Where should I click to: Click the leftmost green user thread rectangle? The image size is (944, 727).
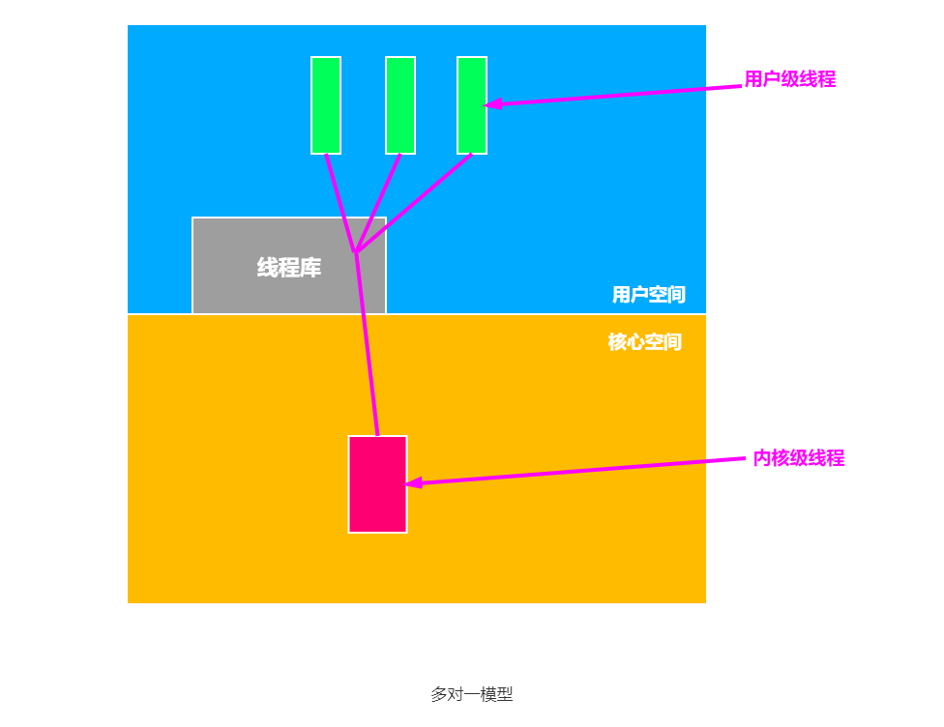click(326, 104)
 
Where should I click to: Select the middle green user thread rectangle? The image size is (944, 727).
click(400, 104)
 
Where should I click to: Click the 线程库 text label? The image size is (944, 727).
click(289, 268)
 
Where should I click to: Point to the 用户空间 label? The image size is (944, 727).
click(648, 295)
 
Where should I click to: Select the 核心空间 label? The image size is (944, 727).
click(644, 342)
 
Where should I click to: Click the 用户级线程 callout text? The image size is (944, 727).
click(789, 79)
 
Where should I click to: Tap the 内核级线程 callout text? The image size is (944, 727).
click(798, 458)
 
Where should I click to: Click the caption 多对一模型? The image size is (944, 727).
click(471, 694)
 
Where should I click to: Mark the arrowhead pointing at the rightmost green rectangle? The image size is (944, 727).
click(492, 102)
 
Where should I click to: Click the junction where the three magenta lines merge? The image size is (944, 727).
click(356, 252)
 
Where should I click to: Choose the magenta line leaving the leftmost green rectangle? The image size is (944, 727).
click(340, 203)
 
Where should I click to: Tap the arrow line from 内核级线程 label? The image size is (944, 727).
click(580, 470)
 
